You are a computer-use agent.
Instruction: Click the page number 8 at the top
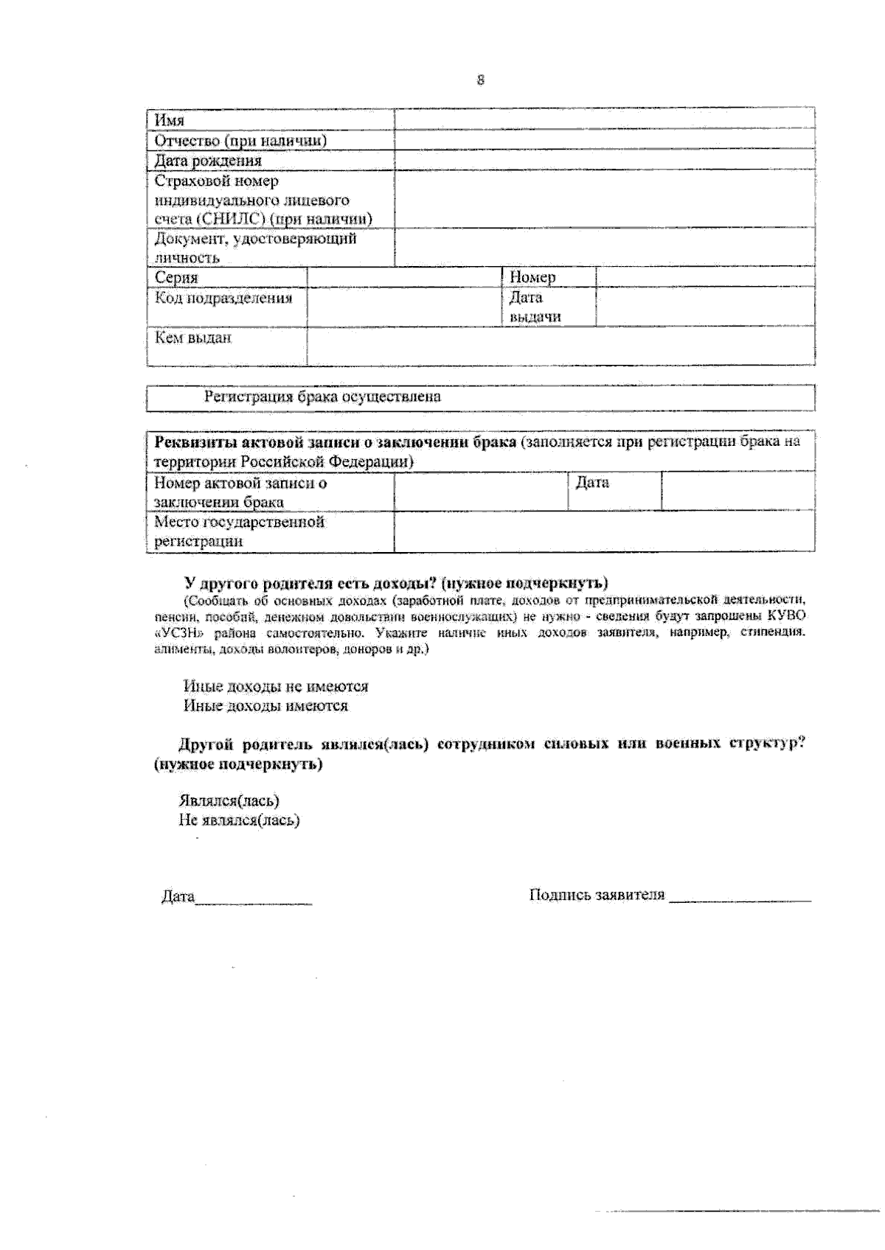481,80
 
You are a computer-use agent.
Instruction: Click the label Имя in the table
170,120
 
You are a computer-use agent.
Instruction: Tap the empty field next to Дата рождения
604,160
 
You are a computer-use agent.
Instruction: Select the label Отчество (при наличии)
240,140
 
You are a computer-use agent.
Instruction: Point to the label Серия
176,278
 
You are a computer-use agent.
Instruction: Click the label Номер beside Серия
532,277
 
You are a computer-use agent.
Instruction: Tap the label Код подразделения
223,298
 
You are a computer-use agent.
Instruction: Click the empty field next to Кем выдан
560,346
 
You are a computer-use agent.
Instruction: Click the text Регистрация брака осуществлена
322,397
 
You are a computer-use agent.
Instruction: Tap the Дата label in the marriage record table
591,483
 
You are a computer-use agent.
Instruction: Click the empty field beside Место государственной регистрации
604,531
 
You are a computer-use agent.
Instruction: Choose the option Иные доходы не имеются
276,686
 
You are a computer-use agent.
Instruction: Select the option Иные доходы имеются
265,706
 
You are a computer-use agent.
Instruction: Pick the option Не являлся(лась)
239,820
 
